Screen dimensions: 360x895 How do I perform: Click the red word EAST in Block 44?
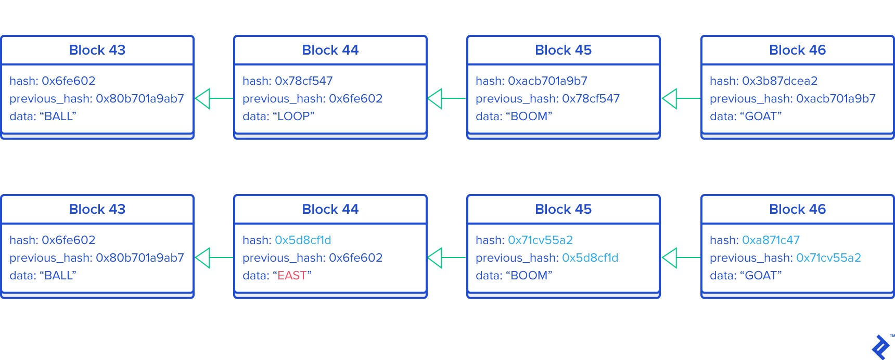click(x=292, y=276)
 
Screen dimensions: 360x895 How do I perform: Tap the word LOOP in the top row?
click(x=293, y=117)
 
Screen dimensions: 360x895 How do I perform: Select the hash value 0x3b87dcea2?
click(x=779, y=81)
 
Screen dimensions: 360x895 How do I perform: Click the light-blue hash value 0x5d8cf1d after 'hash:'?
click(x=303, y=240)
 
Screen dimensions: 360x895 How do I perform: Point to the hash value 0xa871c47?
click(x=771, y=240)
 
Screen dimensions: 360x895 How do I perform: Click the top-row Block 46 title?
click(x=797, y=50)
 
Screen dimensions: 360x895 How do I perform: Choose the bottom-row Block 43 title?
click(x=97, y=210)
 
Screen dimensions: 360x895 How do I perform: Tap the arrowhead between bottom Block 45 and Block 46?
click(x=670, y=258)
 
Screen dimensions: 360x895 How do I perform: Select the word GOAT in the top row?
click(x=761, y=117)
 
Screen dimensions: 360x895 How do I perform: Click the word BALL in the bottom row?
click(x=59, y=276)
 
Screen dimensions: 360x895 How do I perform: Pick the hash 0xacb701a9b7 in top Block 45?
click(x=547, y=81)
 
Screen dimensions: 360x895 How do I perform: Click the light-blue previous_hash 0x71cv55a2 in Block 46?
click(x=828, y=258)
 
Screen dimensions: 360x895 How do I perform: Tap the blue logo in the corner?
click(x=881, y=347)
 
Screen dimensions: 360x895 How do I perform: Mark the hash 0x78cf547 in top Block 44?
click(x=303, y=81)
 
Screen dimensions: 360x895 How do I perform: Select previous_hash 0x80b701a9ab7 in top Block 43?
click(x=140, y=99)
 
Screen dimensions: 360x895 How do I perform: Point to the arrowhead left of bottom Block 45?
click(x=435, y=258)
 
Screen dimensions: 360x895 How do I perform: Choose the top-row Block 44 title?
click(x=330, y=50)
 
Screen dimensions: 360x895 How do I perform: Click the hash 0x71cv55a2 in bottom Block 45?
click(x=540, y=240)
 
